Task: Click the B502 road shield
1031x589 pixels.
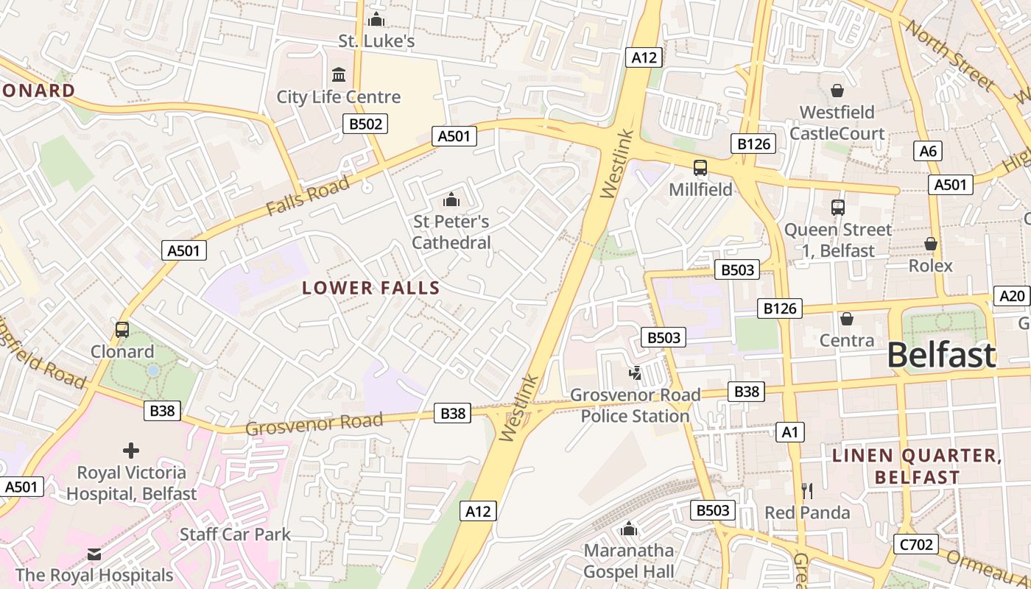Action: tap(365, 124)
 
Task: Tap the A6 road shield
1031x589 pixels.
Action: tap(929, 151)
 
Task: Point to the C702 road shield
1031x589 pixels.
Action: tap(917, 544)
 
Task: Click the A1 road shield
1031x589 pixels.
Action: tap(790, 432)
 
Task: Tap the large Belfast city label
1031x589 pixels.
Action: tap(941, 355)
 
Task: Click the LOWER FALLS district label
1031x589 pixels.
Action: tap(371, 288)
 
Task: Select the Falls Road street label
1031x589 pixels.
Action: tap(308, 197)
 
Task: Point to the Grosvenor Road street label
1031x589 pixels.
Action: tap(314, 424)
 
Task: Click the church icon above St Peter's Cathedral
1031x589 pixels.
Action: tap(451, 199)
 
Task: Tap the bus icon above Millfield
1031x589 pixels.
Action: tap(700, 168)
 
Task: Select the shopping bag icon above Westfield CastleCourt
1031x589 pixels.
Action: tap(837, 91)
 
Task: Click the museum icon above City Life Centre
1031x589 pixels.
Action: tap(339, 74)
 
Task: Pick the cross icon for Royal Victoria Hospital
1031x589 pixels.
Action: tap(131, 450)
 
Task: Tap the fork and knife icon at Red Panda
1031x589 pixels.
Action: tap(807, 490)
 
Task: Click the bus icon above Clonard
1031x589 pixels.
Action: tap(122, 330)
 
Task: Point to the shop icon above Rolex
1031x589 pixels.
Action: tap(931, 244)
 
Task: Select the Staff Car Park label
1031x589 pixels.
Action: tap(236, 535)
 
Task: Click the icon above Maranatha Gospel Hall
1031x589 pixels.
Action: tap(629, 529)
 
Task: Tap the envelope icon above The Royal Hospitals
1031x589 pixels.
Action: tap(94, 554)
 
